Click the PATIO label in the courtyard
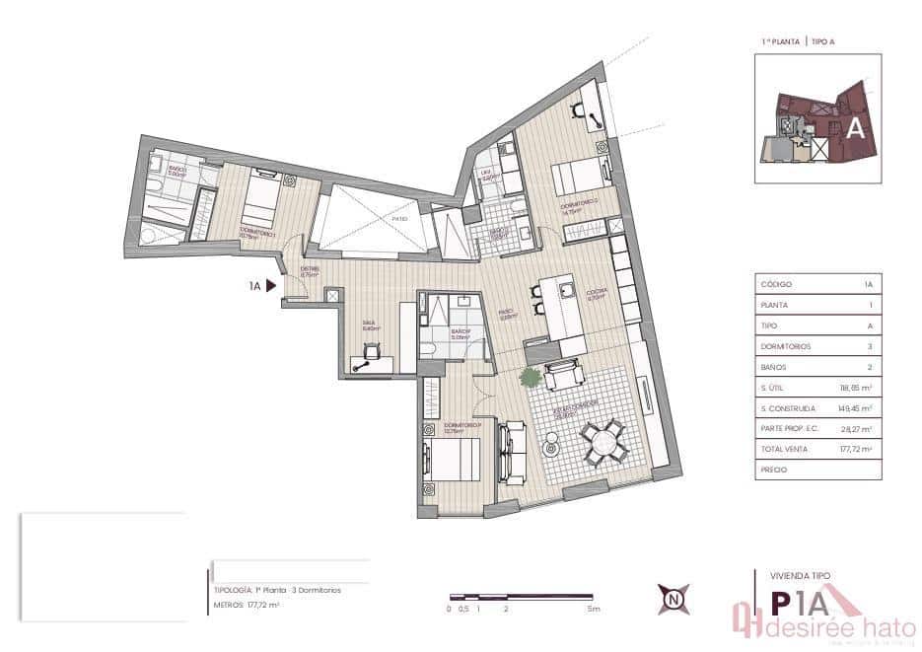[398, 219]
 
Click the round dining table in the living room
[603, 442]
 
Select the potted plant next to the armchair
[532, 377]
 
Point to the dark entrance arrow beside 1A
[271, 286]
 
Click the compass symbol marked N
[674, 599]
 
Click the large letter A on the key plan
[856, 127]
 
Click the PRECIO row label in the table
[774, 470]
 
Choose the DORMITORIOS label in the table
[784, 346]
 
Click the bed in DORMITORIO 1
[260, 201]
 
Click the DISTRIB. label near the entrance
[310, 271]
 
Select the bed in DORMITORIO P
[453, 461]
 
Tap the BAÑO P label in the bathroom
[461, 332]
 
